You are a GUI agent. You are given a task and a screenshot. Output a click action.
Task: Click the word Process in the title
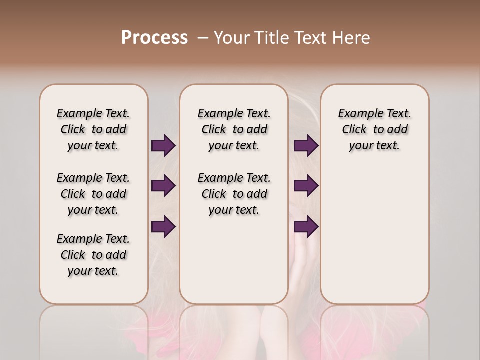click(154, 38)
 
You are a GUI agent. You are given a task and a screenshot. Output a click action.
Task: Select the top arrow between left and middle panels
click(163, 146)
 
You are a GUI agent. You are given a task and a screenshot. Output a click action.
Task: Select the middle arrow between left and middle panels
click(163, 186)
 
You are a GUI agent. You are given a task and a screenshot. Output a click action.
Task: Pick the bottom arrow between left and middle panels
click(163, 226)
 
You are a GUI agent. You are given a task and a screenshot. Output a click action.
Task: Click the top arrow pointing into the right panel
click(306, 146)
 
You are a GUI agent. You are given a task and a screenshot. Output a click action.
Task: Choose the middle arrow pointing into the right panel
click(306, 186)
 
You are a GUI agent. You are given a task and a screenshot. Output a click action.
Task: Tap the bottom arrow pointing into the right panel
click(306, 226)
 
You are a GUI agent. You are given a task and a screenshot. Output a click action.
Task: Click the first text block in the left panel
click(93, 129)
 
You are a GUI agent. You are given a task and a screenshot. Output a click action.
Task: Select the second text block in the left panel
click(93, 194)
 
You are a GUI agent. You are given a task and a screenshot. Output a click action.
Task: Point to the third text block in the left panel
click(93, 255)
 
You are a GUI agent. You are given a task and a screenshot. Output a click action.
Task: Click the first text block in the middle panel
click(234, 129)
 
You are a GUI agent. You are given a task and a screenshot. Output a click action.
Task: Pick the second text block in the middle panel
click(234, 194)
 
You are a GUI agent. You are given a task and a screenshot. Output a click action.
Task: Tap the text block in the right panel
click(374, 129)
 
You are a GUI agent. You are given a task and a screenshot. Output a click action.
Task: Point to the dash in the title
click(203, 38)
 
